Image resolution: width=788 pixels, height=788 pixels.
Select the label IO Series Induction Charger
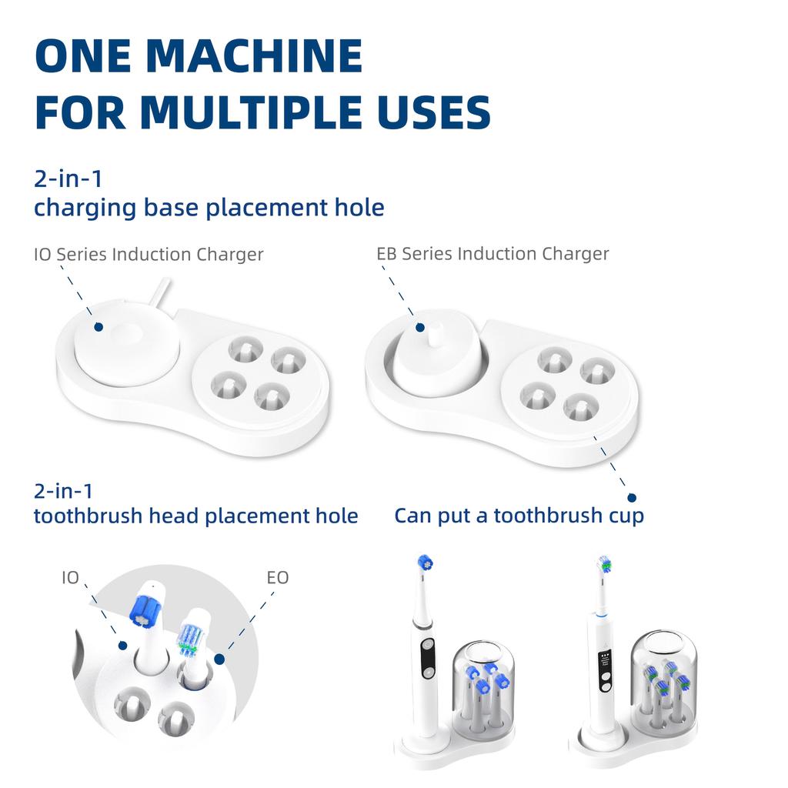[x=149, y=254]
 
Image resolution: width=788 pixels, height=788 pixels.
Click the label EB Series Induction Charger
[x=492, y=253]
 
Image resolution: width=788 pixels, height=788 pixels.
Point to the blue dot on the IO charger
[x=98, y=327]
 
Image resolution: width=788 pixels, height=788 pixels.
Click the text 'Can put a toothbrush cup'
[x=519, y=515]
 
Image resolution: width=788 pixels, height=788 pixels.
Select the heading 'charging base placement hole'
[x=209, y=207]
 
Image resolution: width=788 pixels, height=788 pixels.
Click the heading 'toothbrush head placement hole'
[x=195, y=515]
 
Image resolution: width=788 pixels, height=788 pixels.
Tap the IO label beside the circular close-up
[x=70, y=577]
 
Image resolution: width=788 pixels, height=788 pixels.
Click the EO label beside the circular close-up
[x=277, y=577]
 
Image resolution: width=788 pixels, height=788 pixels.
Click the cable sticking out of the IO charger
[x=161, y=294]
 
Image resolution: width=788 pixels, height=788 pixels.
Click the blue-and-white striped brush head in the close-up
[x=190, y=633]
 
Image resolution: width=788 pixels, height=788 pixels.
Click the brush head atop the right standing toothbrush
[x=606, y=566]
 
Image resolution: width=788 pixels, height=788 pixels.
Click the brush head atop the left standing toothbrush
[x=424, y=563]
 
